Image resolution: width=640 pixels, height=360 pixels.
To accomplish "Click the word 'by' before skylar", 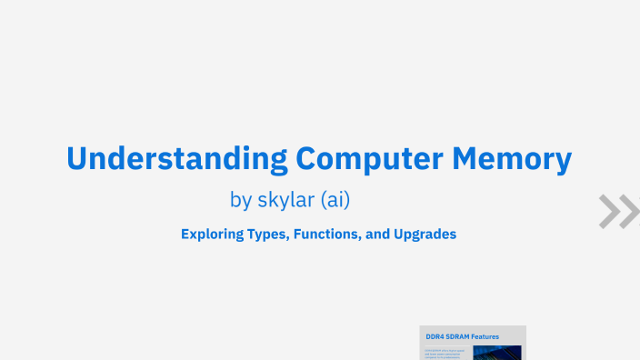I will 242,199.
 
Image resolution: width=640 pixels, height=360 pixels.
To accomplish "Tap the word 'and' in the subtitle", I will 376,234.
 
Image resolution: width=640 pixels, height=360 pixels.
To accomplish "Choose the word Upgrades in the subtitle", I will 425,234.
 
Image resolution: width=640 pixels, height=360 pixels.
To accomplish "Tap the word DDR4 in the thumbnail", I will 435,336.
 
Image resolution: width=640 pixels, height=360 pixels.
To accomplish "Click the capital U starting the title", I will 76,159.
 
